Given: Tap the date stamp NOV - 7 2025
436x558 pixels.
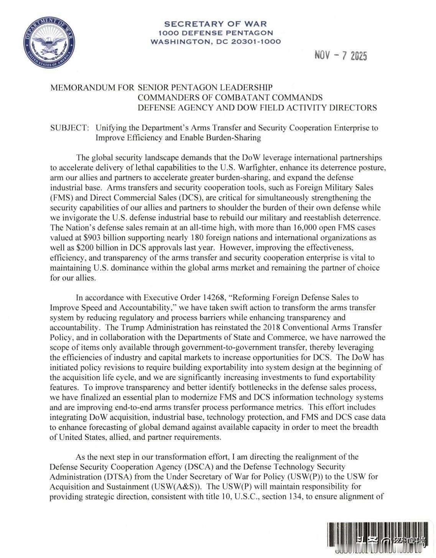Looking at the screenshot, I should (341, 56).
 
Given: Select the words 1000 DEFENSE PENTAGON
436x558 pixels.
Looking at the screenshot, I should (215, 33).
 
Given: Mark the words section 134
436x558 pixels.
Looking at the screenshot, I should (281, 497).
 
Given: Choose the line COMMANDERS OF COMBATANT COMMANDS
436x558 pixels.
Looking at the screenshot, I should (230, 97).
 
